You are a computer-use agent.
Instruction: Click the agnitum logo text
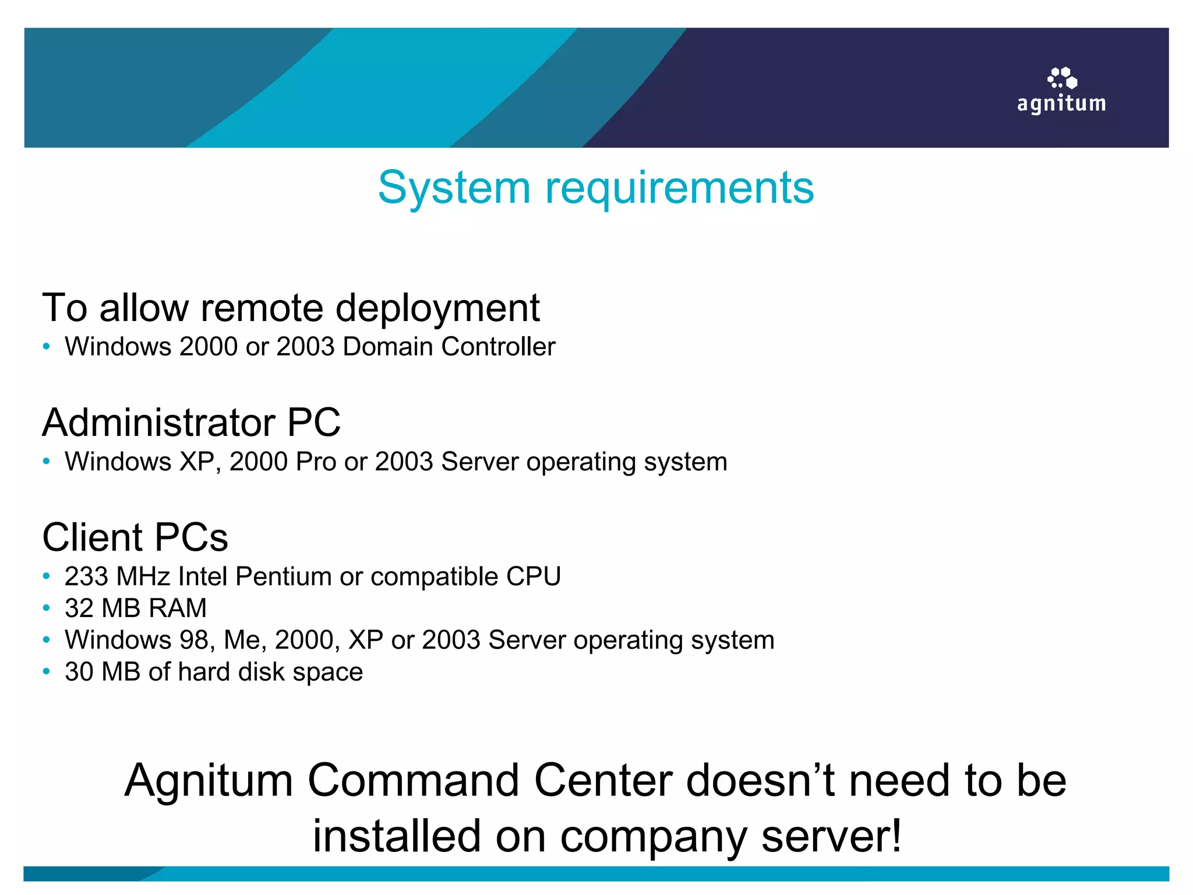(1061, 104)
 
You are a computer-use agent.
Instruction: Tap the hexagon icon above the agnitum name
(1063, 78)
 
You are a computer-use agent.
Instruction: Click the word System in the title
(454, 188)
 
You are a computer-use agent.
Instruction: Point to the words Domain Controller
(449, 347)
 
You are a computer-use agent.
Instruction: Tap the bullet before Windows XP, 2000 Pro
(47, 461)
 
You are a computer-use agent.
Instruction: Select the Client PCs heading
(135, 537)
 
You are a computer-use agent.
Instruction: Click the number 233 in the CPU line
(86, 576)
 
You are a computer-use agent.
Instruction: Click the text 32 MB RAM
(136, 608)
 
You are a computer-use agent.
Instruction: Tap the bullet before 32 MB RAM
(47, 608)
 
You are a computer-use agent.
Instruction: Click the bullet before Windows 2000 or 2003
(47, 347)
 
